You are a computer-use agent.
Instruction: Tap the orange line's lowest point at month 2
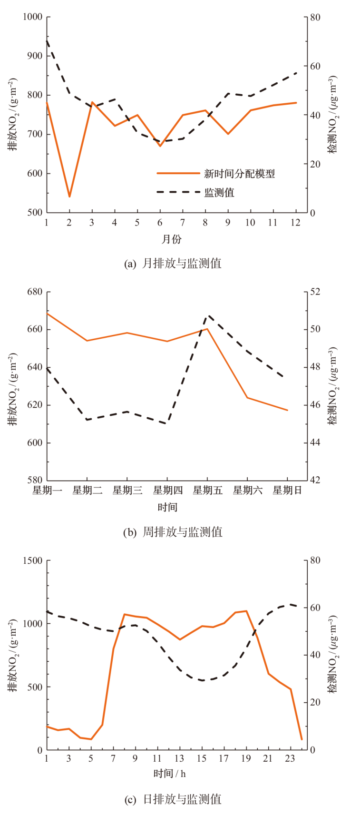click(69, 196)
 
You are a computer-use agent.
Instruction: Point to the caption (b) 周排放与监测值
click(173, 532)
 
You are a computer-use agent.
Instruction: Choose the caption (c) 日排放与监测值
click(173, 799)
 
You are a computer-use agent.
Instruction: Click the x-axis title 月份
click(171, 239)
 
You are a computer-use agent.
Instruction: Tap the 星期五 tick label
click(207, 491)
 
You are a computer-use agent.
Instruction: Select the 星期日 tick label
click(287, 491)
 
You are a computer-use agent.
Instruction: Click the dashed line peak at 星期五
click(208, 315)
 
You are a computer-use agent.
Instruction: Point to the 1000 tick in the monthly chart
click(32, 17)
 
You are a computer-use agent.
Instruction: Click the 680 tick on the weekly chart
click(35, 292)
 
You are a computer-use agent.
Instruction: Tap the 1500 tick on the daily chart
click(32, 560)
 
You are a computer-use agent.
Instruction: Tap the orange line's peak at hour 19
click(246, 611)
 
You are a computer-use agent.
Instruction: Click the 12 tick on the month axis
click(295, 223)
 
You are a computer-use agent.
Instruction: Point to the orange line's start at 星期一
click(47, 313)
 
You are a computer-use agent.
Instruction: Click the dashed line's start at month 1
click(47, 40)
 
